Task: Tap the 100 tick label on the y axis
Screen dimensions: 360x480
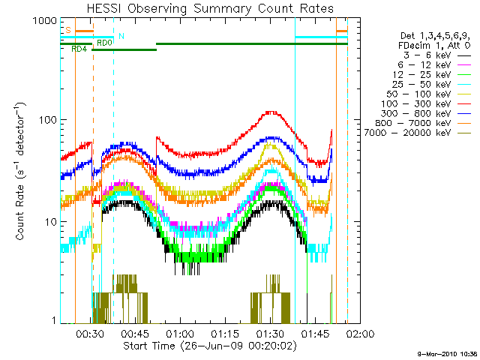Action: [46, 120]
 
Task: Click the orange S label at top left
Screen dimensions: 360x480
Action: [68, 30]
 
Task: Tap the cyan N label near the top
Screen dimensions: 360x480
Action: [121, 37]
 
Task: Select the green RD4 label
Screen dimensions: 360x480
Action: [79, 49]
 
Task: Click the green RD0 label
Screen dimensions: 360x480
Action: [104, 43]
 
